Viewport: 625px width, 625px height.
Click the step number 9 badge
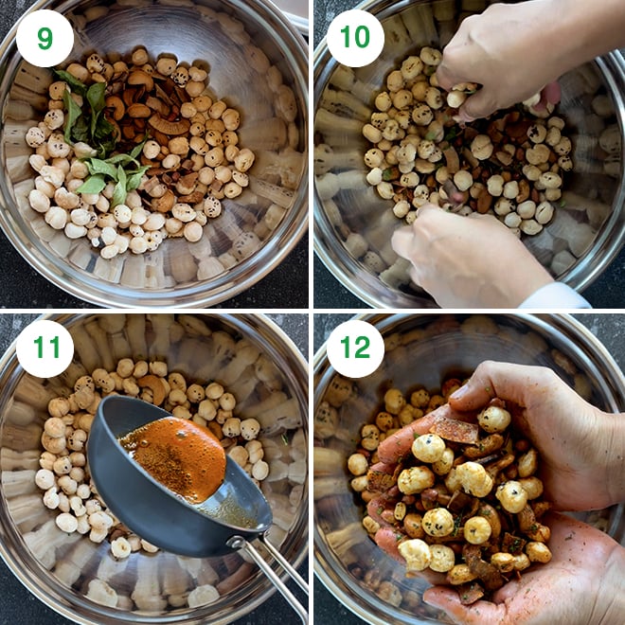pos(45,38)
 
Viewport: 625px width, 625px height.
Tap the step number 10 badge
pos(355,38)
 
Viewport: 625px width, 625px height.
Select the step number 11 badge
pos(45,348)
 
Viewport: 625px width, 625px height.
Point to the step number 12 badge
pos(355,348)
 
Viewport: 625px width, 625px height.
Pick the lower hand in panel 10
pos(464,256)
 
